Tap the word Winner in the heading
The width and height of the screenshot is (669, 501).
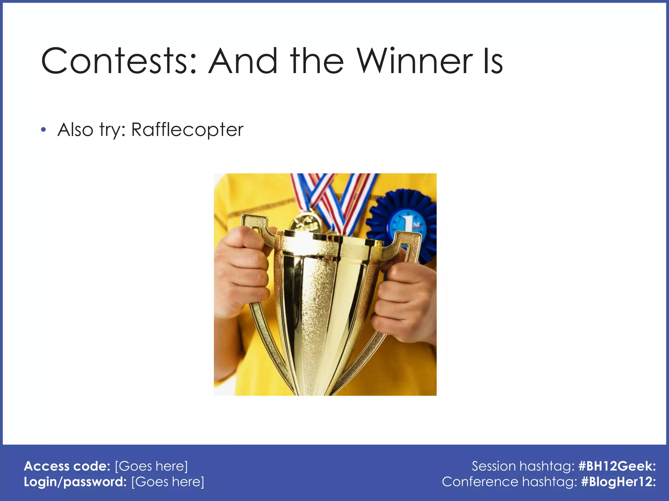414,61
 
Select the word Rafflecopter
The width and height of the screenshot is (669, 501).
187,130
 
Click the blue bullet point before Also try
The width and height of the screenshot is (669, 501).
43,130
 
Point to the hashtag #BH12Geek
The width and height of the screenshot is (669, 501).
617,466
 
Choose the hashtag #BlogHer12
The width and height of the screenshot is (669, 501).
618,482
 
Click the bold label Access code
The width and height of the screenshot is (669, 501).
67,466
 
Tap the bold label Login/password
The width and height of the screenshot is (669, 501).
75,482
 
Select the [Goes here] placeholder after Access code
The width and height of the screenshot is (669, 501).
152,466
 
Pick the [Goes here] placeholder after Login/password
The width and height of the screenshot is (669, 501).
168,482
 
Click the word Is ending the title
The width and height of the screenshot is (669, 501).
493,61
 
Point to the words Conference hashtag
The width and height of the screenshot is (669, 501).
509,482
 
